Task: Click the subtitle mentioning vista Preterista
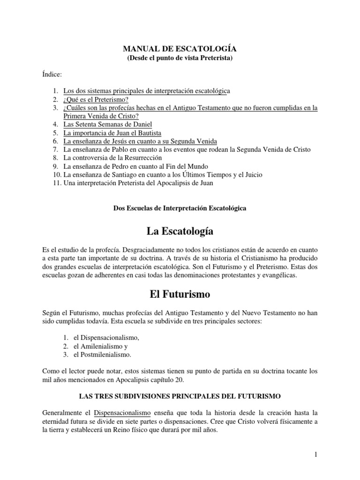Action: (180, 58)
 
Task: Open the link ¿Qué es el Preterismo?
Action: (96, 99)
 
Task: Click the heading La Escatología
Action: (180, 231)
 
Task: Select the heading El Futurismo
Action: (180, 295)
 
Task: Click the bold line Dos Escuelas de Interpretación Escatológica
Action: (180, 208)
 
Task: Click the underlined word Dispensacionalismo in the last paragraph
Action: (122, 412)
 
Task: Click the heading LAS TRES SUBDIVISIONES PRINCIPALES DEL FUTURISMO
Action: (180, 396)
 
